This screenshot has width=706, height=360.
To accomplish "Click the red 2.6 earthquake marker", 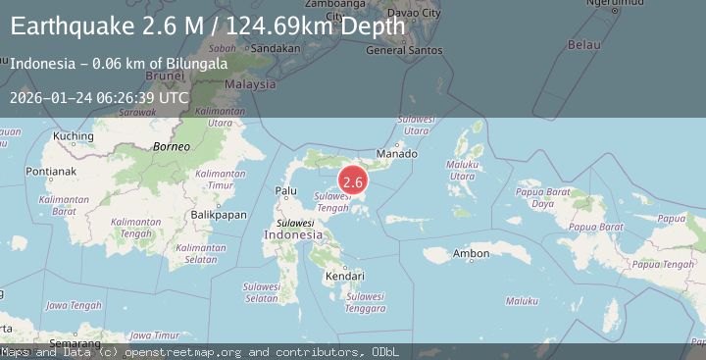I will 353,181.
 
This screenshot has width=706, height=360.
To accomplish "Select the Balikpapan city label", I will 218,214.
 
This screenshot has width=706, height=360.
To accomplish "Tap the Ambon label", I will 471,254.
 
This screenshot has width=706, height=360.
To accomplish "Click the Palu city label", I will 286,190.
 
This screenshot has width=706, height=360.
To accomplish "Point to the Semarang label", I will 76,343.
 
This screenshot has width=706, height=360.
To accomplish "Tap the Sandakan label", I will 276,47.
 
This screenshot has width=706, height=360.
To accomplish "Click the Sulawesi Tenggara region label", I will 365,302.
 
